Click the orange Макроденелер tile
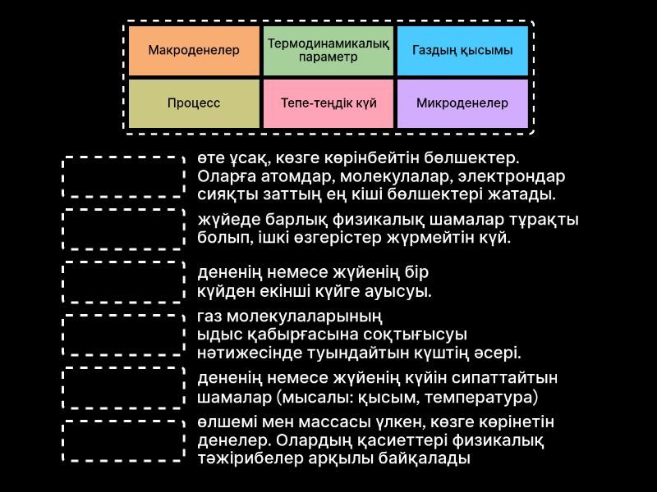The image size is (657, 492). [x=194, y=51]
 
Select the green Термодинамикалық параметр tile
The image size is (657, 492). [x=328, y=51]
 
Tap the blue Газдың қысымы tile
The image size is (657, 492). [x=462, y=51]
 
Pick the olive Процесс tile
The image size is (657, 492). [x=194, y=103]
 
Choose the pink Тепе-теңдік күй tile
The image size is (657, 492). [x=328, y=103]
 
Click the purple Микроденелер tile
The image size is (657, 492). [x=462, y=103]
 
